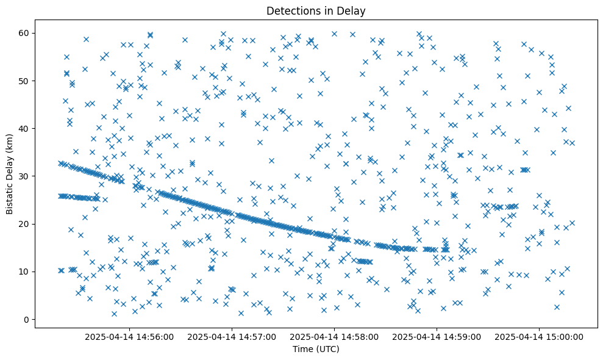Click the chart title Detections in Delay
316,10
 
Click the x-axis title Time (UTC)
316,350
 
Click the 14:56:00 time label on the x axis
129,337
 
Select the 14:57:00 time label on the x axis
232,337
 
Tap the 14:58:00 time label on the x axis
335,337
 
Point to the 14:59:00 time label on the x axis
437,337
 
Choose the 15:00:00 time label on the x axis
540,337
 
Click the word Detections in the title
291,10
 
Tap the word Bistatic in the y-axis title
10,196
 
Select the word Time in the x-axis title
303,350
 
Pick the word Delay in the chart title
353,10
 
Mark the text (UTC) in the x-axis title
327,350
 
